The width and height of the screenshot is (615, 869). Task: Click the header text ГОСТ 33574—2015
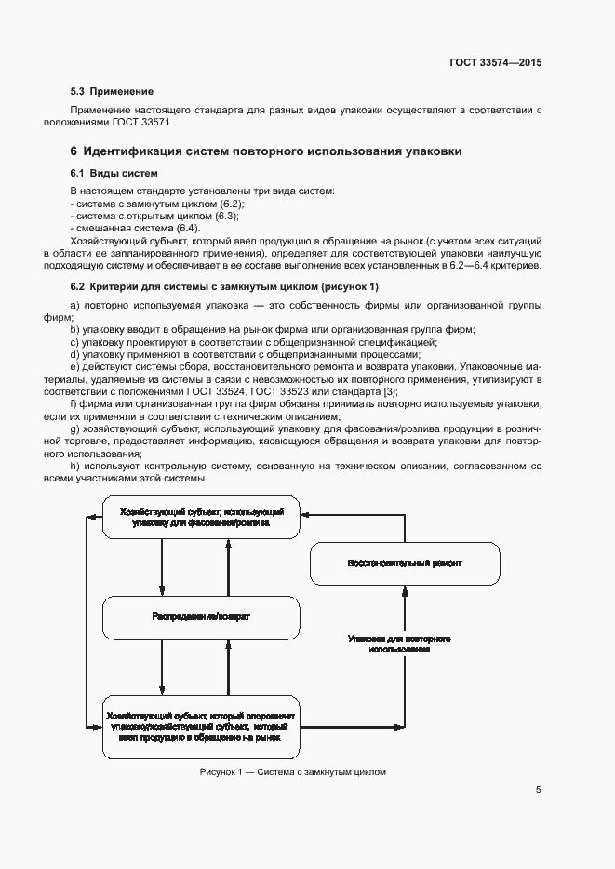pos(494,62)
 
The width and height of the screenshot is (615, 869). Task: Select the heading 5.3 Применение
pos(112,92)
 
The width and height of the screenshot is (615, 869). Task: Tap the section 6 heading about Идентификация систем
pos(265,151)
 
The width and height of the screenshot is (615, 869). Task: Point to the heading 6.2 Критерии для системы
pos(224,286)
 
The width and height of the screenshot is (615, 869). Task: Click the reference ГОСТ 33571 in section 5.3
pos(145,123)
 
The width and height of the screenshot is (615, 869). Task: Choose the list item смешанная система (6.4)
pos(134,228)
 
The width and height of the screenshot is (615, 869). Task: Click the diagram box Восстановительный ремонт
pos(404,564)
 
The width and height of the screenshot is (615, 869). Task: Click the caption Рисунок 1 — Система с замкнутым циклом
pos(291,772)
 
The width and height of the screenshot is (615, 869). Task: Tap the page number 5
pos(538,790)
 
